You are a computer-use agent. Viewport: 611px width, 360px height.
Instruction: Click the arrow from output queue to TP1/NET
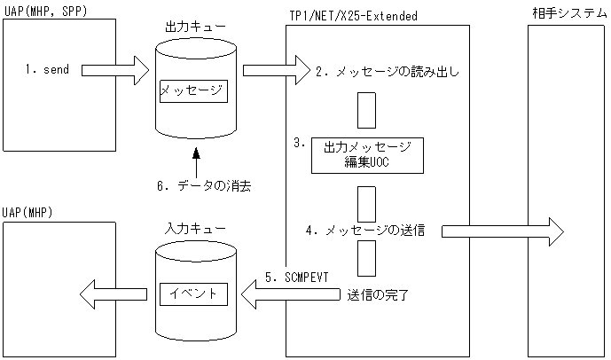(275, 67)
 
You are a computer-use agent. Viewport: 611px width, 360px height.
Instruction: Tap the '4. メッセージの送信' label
(364, 231)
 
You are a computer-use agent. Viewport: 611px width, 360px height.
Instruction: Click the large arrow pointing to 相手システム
(501, 231)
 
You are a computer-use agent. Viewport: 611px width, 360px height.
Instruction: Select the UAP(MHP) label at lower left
(27, 214)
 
